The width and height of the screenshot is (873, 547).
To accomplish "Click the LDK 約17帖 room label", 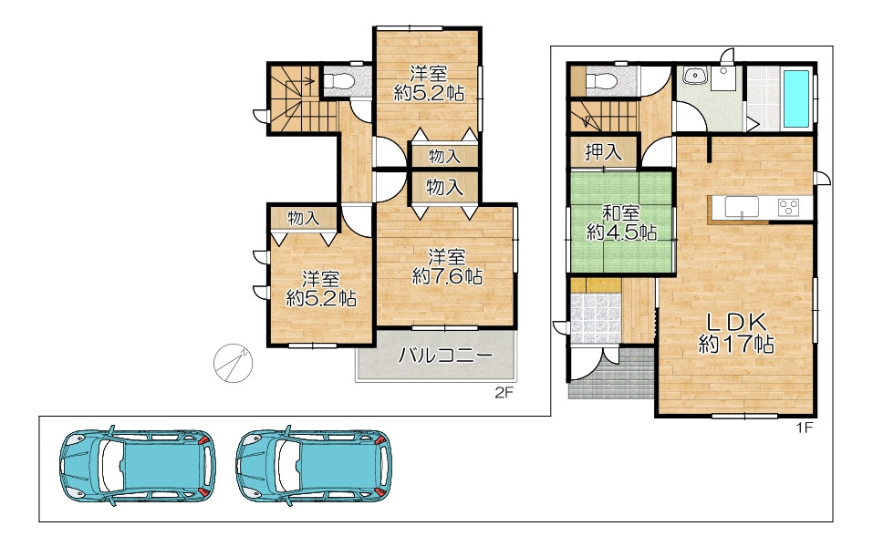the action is [736, 333].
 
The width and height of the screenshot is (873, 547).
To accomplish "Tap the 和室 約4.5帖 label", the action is [622, 222].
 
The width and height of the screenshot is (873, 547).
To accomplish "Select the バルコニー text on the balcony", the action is [445, 355].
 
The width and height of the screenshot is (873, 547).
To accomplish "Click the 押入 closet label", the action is [603, 151].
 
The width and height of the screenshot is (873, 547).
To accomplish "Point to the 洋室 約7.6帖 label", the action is [447, 267].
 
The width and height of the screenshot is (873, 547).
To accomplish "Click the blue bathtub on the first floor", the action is [796, 98].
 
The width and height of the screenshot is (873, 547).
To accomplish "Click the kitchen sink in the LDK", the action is [742, 207].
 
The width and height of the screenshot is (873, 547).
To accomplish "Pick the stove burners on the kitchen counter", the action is [788, 208].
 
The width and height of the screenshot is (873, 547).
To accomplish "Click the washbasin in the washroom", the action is [693, 76].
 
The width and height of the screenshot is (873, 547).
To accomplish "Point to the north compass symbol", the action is [234, 363].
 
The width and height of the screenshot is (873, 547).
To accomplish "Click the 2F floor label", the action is [504, 392].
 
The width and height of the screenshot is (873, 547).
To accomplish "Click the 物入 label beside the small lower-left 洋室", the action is [304, 218].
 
